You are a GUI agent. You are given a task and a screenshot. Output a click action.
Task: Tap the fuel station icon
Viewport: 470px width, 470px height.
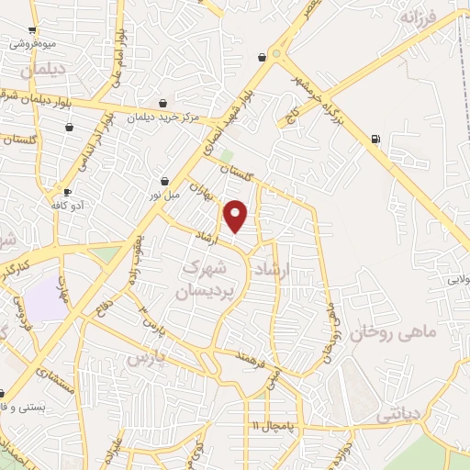(x=375, y=140)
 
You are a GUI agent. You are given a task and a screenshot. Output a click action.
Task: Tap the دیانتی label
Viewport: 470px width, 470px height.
(x=397, y=416)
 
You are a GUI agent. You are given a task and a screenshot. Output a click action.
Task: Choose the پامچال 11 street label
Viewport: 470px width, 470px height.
(x=274, y=426)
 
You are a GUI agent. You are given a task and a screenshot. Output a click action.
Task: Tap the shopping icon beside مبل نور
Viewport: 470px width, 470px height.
(x=164, y=181)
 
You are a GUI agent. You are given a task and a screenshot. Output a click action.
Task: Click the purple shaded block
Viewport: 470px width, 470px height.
(x=43, y=299)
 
